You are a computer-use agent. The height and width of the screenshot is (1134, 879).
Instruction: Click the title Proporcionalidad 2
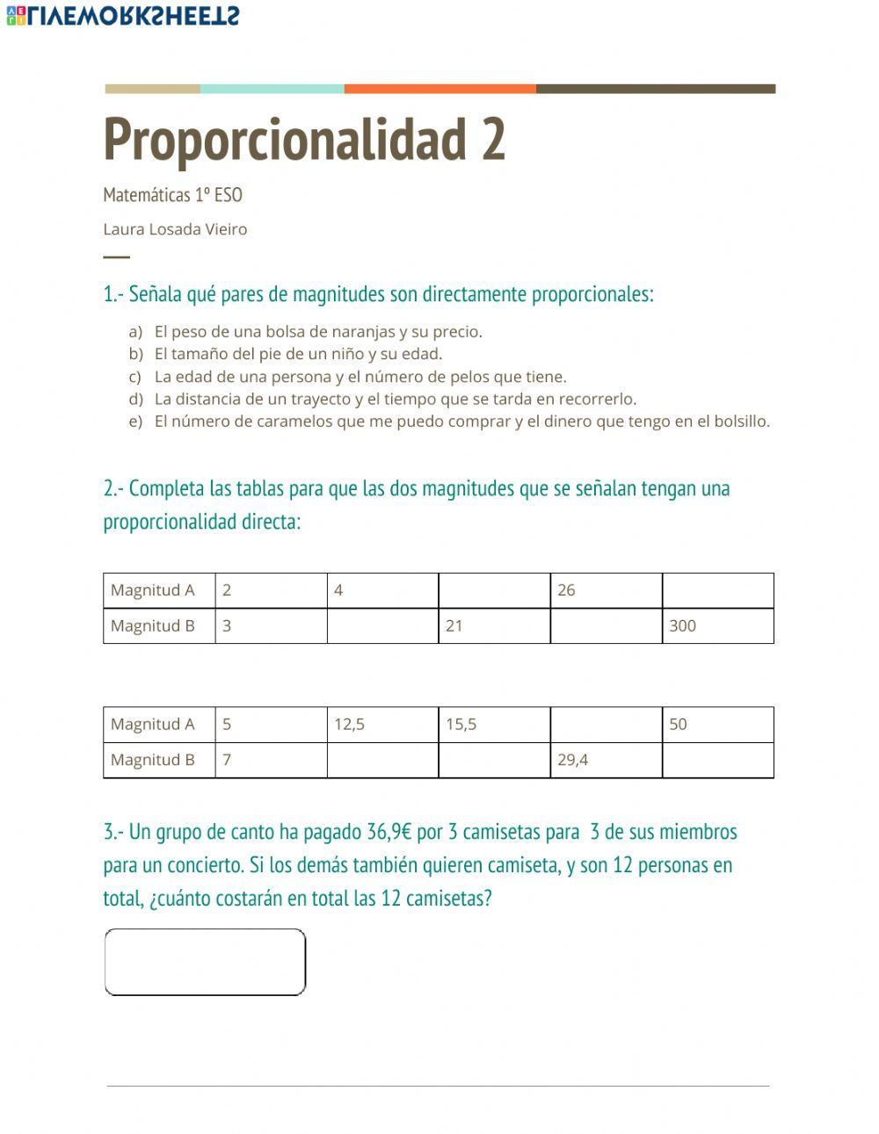pyautogui.click(x=304, y=139)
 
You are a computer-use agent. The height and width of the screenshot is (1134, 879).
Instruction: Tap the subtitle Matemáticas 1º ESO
pyautogui.click(x=172, y=195)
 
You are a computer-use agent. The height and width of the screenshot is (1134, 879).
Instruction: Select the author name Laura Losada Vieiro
pyautogui.click(x=175, y=229)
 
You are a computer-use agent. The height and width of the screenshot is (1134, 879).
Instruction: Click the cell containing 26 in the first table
pyautogui.click(x=606, y=590)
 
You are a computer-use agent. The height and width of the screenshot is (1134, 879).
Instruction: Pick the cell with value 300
pyautogui.click(x=717, y=626)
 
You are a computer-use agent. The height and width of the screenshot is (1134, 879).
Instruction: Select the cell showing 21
pyautogui.click(x=494, y=626)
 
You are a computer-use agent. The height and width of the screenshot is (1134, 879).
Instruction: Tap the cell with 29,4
pyautogui.click(x=606, y=760)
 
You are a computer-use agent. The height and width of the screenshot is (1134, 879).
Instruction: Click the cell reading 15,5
pyautogui.click(x=494, y=725)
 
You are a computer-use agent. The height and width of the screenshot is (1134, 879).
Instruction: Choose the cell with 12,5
pyautogui.click(x=382, y=725)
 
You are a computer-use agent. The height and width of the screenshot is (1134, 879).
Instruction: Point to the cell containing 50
pyautogui.click(x=717, y=725)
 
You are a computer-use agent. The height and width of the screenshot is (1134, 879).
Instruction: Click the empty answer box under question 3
pyautogui.click(x=205, y=962)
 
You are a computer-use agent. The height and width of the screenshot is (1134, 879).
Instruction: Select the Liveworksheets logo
pyautogui.click(x=122, y=15)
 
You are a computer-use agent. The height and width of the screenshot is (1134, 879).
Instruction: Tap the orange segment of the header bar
pyautogui.click(x=439, y=89)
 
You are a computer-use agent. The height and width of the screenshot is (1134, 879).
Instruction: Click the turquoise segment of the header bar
pyautogui.click(x=272, y=89)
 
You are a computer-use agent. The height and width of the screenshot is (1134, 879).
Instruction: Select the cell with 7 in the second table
pyautogui.click(x=271, y=760)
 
